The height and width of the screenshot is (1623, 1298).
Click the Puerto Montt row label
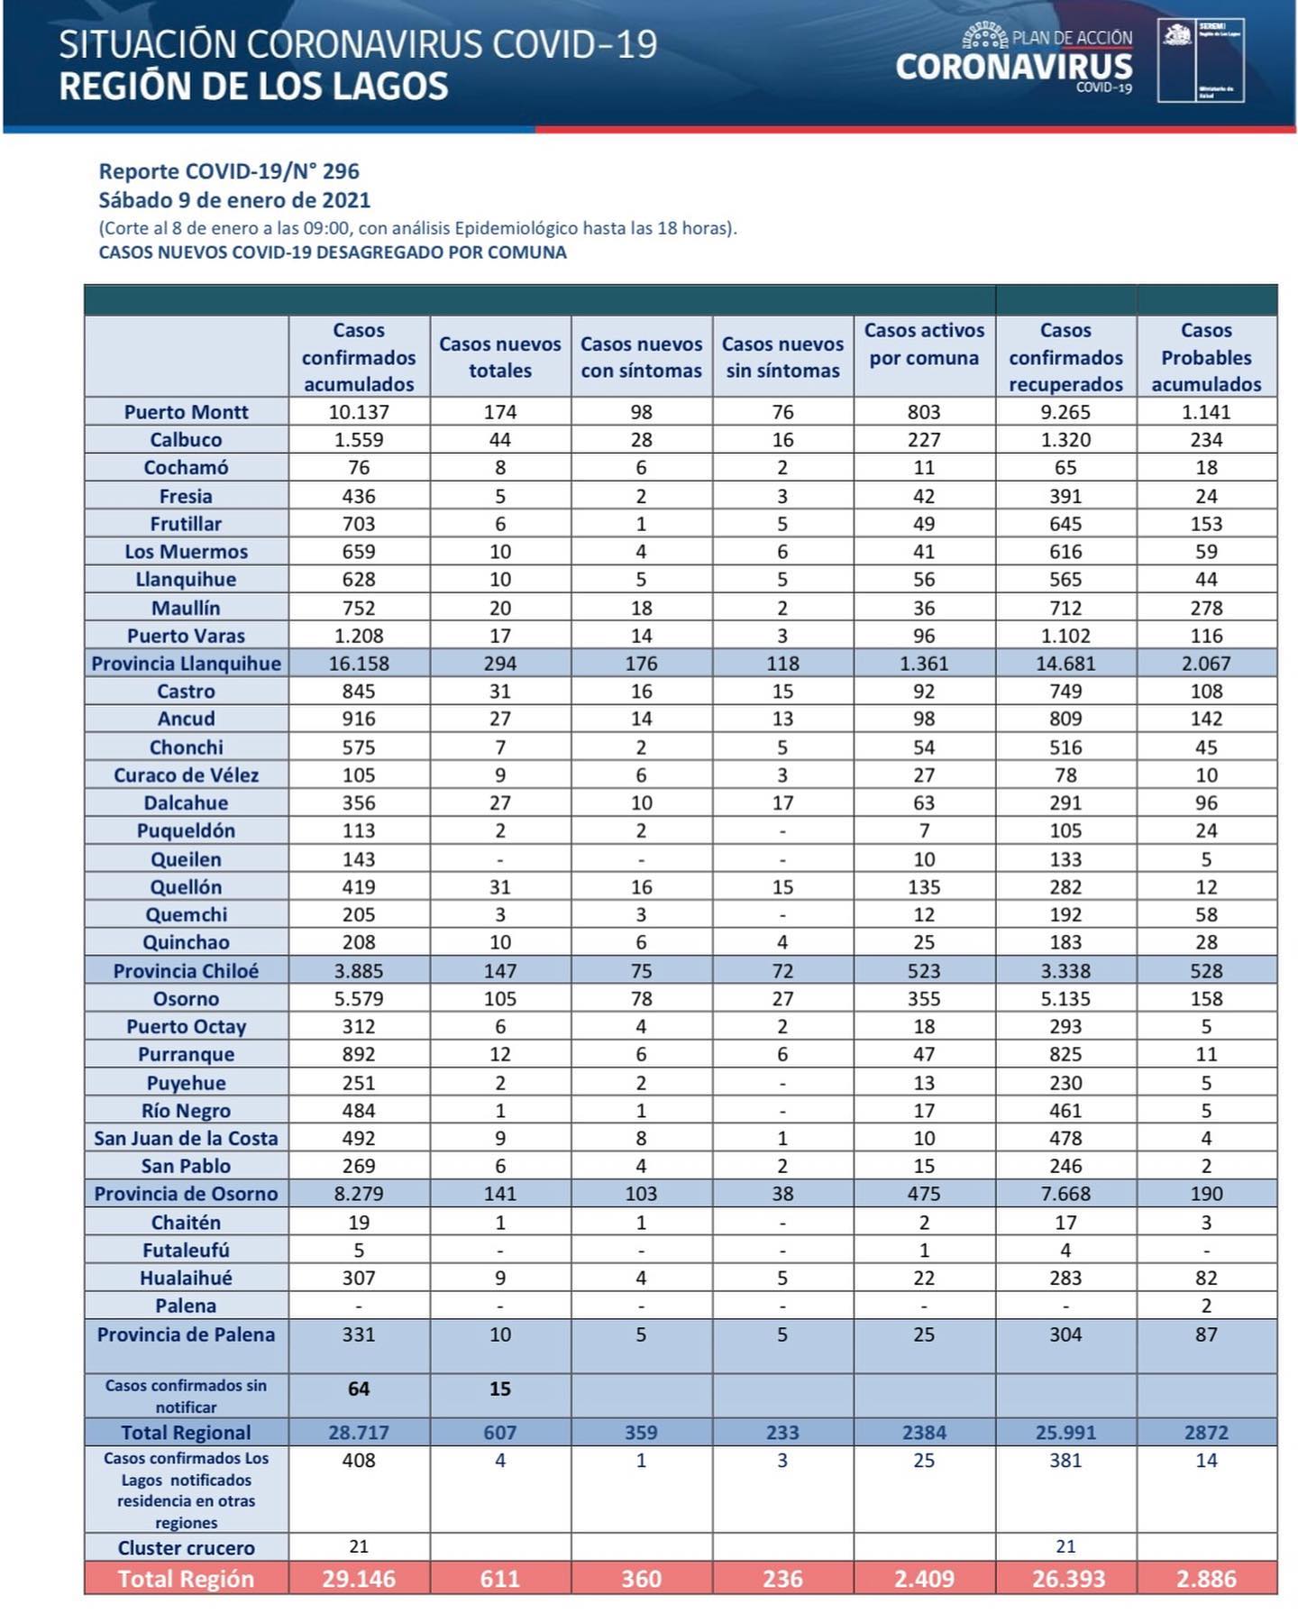click(186, 412)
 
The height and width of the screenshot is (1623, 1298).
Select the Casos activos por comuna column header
click(924, 344)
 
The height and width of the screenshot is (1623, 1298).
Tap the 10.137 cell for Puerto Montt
click(359, 412)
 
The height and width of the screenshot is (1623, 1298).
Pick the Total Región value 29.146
click(359, 1579)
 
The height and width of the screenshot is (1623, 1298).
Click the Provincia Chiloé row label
click(186, 971)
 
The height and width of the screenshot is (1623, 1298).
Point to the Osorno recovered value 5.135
click(1065, 999)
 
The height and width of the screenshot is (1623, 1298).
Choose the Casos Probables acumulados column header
click(1206, 357)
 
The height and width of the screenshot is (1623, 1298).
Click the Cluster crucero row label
click(186, 1548)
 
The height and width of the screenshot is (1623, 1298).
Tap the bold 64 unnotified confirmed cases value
click(359, 1389)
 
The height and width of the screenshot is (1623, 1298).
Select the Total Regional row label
click(186, 1433)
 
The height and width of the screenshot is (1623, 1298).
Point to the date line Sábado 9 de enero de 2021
click(234, 200)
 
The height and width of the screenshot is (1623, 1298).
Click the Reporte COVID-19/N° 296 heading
click(229, 171)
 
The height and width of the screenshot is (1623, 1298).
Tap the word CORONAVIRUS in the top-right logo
click(1014, 68)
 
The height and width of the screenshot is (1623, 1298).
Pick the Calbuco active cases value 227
click(924, 440)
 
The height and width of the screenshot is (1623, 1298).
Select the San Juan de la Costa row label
click(186, 1139)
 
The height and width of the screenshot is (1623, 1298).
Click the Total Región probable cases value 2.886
click(1206, 1579)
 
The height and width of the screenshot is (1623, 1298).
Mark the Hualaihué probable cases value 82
click(1206, 1278)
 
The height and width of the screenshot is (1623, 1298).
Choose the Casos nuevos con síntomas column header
click(641, 357)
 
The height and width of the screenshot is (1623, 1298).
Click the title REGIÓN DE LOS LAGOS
click(253, 87)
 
